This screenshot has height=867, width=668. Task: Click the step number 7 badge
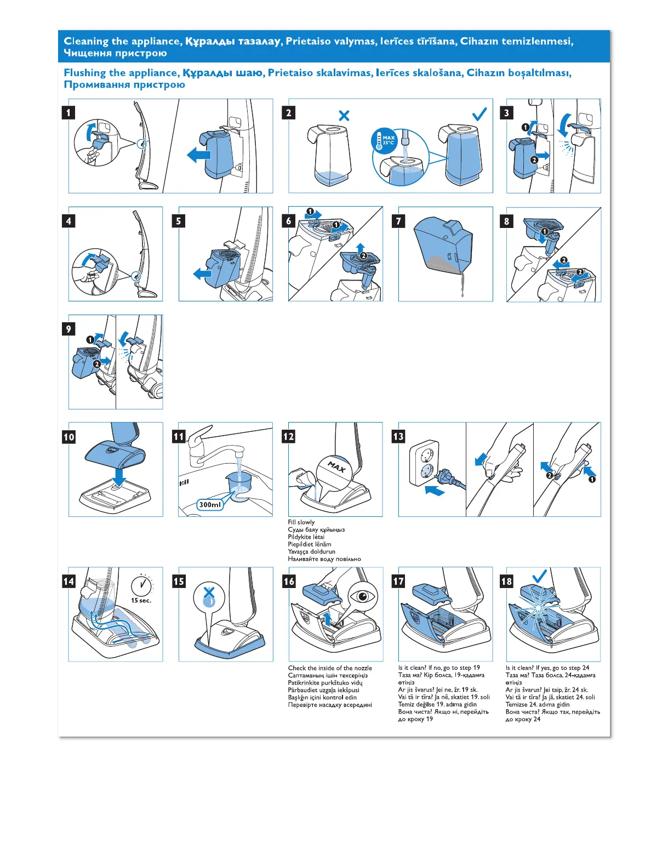point(398,221)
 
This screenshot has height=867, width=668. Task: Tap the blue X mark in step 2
point(344,116)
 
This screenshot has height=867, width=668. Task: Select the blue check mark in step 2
point(479,114)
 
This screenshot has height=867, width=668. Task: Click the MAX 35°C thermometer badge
point(385,140)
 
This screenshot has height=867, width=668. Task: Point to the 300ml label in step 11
point(210,504)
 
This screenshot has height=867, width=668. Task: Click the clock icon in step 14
point(141,585)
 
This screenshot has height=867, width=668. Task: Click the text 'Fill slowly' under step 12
point(301,522)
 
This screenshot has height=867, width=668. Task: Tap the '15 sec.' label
point(141,601)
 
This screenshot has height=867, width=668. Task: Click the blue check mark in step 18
point(539,575)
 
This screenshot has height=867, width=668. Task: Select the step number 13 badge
point(398,436)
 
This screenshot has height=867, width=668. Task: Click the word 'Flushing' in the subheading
point(85,73)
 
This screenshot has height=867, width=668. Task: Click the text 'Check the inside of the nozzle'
point(330,668)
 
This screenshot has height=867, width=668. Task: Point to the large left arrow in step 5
point(202,273)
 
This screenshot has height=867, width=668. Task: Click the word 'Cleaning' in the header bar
point(86,41)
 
